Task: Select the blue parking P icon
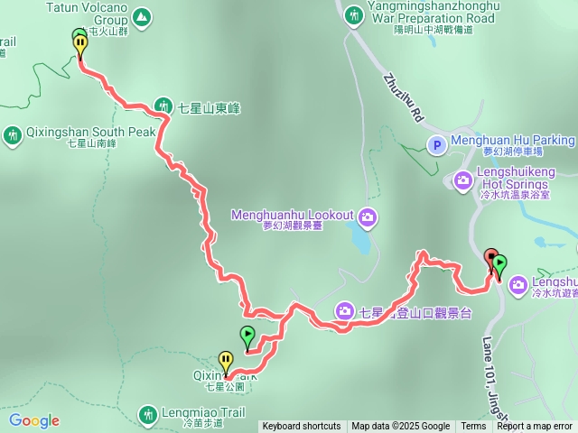[436, 144]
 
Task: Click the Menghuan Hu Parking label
[513, 141]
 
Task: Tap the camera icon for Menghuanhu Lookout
[368, 216]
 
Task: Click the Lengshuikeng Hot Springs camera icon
[463, 180]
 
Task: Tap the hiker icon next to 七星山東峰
[163, 106]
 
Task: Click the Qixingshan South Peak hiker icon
[13, 135]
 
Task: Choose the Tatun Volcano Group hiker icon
[142, 16]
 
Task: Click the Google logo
[34, 420]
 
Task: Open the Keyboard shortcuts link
[302, 427]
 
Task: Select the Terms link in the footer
[473, 427]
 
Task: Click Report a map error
[535, 427]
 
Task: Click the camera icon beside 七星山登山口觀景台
[344, 310]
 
